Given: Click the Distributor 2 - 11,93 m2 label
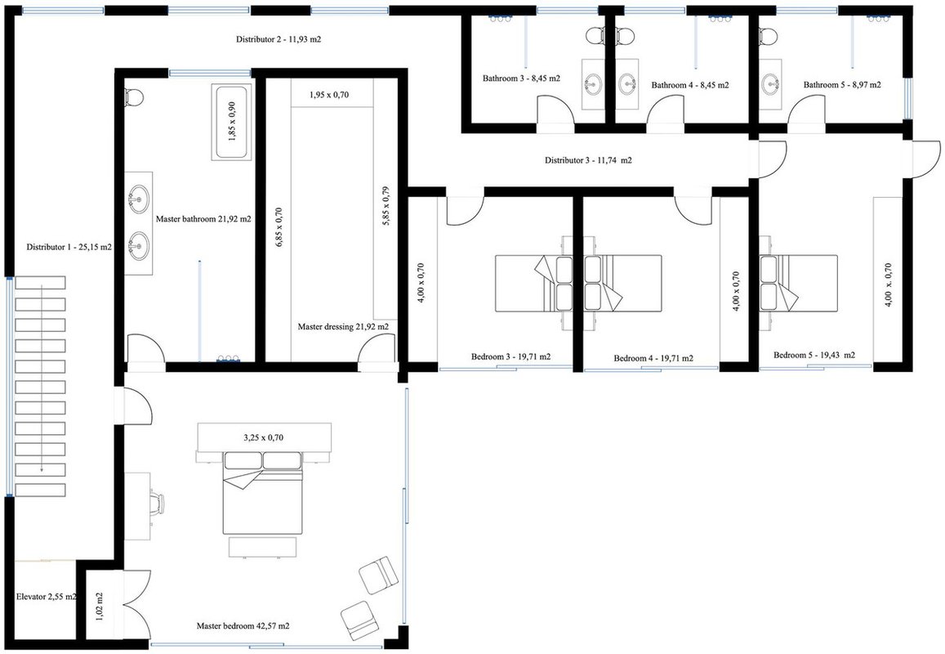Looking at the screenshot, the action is [278, 40].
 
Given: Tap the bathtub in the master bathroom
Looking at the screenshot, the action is [231, 123].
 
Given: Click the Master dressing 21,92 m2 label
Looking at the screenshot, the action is [343, 327].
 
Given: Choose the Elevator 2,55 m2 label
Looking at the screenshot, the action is [47, 597].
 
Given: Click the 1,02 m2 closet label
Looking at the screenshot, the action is [100, 607].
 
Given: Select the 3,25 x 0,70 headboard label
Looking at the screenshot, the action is [263, 437].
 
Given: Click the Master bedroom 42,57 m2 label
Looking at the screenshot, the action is [243, 626].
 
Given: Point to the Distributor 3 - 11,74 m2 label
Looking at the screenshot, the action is [588, 160].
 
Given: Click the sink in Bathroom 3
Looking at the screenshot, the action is [593, 83].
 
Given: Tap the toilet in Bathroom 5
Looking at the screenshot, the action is [769, 35].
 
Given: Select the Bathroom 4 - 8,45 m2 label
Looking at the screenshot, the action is [690, 85].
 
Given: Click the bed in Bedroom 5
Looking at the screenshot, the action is [798, 284].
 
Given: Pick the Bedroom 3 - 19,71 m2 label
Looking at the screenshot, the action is [511, 356].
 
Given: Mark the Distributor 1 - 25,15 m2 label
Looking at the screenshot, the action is [69, 247].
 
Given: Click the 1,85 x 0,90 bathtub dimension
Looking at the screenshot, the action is [232, 122].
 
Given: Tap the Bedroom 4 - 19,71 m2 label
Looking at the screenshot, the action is [653, 358].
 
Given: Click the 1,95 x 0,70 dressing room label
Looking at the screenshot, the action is [329, 95].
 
